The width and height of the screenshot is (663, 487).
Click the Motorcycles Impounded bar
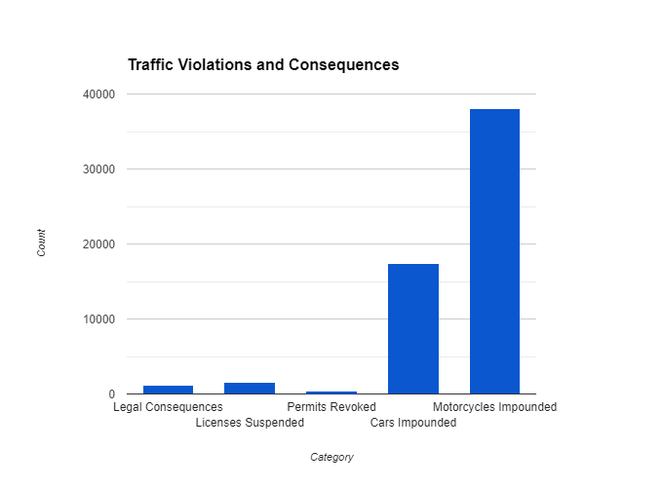(494, 251)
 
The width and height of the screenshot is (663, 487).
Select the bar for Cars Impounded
(413, 328)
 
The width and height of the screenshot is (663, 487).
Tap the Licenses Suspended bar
(250, 388)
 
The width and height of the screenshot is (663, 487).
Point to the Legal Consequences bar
(168, 390)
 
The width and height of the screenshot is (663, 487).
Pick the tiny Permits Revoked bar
(331, 392)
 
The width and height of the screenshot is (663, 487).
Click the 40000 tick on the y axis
(99, 94)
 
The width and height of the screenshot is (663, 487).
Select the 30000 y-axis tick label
(99, 169)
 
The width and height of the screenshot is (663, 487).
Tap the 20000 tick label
(99, 244)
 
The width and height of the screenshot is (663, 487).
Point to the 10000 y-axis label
(99, 319)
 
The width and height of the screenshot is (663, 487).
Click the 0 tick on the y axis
(112, 394)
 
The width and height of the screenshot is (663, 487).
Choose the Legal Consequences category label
(168, 406)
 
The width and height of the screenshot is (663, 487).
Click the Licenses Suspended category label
(250, 423)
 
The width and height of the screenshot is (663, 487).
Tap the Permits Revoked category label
(331, 406)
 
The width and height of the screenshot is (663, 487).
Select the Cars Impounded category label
(413, 423)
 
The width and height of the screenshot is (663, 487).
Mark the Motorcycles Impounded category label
(494, 406)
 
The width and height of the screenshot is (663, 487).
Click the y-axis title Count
(41, 243)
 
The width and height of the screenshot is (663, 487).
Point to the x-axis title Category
(331, 457)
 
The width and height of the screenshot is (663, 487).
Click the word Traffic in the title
(151, 65)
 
